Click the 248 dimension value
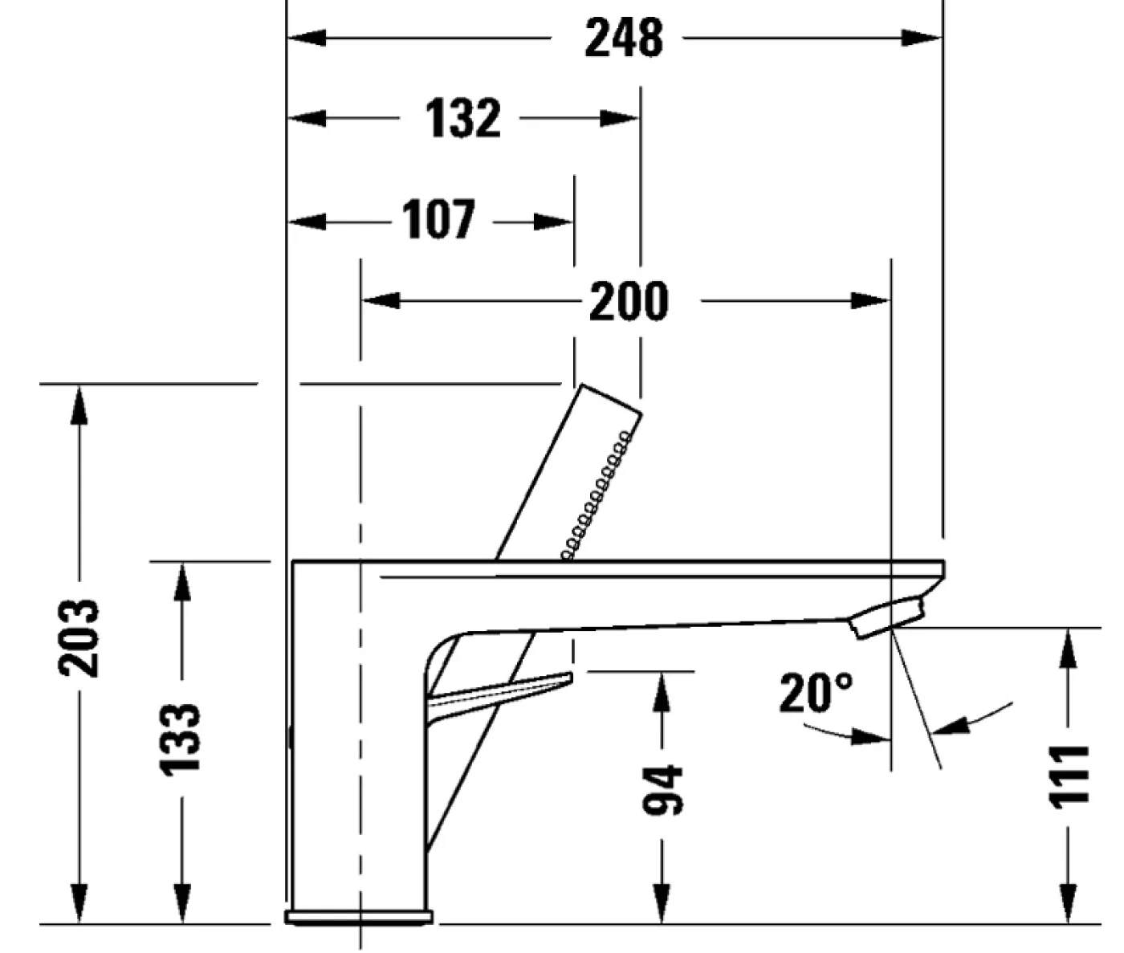(x=624, y=38)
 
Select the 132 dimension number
(x=463, y=119)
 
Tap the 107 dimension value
(x=438, y=220)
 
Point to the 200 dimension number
(x=628, y=302)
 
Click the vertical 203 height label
(x=79, y=638)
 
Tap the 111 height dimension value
(x=1069, y=776)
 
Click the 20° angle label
(x=816, y=693)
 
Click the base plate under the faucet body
(x=359, y=917)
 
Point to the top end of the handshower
(x=610, y=399)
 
